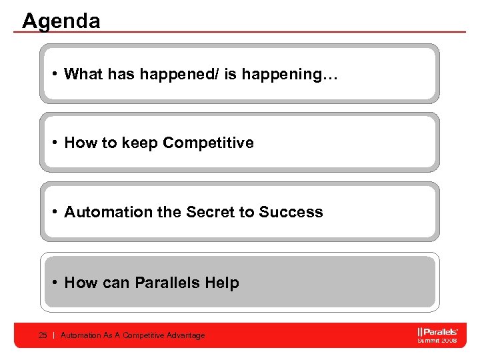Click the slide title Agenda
(61, 21)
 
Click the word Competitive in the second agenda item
(208, 143)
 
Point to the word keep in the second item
(140, 143)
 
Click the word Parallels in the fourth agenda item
(167, 283)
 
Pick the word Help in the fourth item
(222, 283)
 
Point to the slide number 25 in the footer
(43, 335)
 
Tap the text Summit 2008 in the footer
(437, 340)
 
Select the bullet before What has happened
(55, 74)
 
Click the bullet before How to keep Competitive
(55, 143)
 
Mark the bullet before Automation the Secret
(55, 212)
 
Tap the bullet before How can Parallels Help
(55, 283)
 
